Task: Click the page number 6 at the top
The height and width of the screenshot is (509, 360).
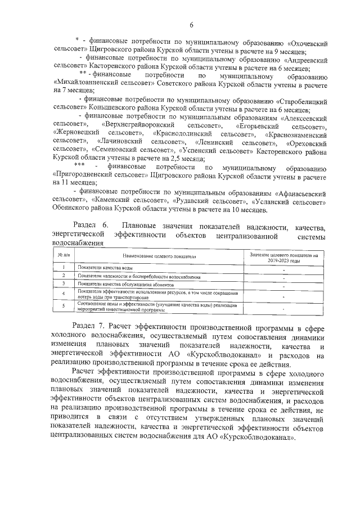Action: [191, 25]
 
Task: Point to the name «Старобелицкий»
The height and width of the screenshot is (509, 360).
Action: [303, 98]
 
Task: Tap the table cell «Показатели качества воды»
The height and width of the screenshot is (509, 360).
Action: [106, 268]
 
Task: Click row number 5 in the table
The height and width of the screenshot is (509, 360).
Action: [64, 307]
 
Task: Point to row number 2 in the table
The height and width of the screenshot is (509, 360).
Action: [64, 276]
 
